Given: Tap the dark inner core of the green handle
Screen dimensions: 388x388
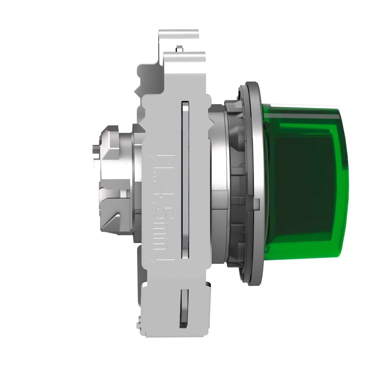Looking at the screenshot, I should click(x=303, y=181).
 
